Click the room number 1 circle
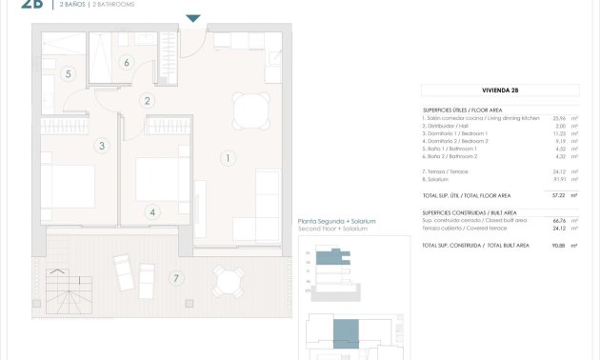(227, 157)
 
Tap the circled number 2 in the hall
(148, 100)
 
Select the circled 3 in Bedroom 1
(102, 146)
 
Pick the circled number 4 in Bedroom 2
(152, 212)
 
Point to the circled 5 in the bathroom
(68, 73)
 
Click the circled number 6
(126, 64)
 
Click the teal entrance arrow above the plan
(193, 18)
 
